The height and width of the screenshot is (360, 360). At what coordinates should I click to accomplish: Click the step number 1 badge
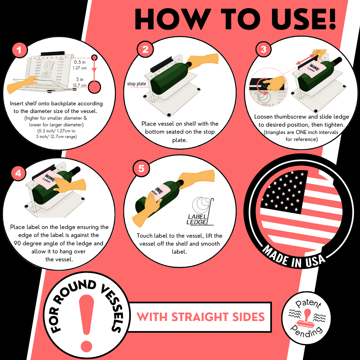[x=19, y=50]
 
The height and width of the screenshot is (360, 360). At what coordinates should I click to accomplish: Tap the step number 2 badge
[x=145, y=49]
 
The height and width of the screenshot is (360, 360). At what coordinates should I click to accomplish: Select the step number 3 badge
[x=263, y=49]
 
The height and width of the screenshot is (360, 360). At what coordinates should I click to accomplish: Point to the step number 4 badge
[x=18, y=173]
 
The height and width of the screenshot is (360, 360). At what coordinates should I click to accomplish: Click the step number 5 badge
[x=141, y=169]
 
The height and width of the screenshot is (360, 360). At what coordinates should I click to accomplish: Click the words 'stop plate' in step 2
[x=137, y=84]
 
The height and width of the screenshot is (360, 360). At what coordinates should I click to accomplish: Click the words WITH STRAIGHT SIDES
[x=201, y=317]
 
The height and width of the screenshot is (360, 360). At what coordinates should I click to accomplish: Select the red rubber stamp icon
[x=307, y=318]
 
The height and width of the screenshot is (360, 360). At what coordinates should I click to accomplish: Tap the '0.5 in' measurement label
[x=80, y=62]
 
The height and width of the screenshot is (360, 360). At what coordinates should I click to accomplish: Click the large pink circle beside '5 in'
[x=94, y=87]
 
